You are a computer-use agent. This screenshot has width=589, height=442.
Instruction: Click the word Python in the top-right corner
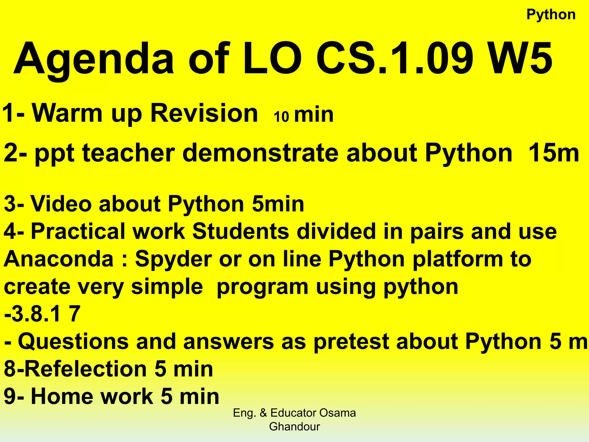(551, 15)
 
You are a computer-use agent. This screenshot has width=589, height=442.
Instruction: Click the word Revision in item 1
(204, 113)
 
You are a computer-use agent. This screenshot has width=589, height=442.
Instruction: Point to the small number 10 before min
(281, 117)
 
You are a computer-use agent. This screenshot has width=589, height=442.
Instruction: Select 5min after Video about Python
(278, 204)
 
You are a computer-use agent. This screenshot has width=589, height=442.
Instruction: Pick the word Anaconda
(59, 259)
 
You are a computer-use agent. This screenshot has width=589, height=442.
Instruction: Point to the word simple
(167, 287)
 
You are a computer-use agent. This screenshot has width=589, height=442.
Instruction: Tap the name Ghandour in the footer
(294, 426)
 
